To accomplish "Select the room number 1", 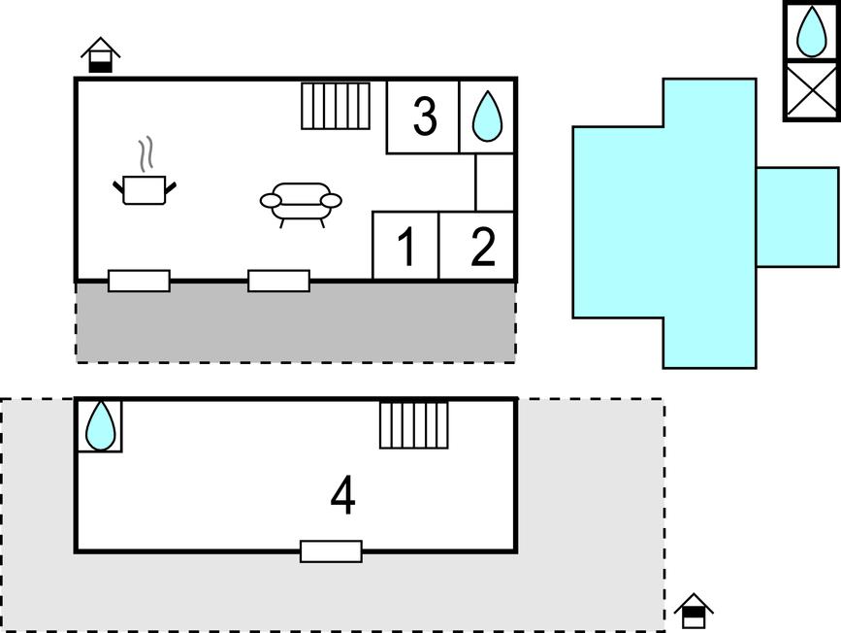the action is point(406,247).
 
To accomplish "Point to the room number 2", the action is point(483,247).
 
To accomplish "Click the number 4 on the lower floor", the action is point(342,494).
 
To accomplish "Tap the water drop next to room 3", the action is point(487,117).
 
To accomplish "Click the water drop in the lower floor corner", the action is point(100,426).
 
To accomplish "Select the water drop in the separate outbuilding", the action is point(812,31).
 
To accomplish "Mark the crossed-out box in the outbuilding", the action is point(812,90).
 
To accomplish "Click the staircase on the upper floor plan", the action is point(336,106).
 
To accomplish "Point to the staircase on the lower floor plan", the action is point(414,424).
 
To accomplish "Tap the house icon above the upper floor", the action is point(101,54).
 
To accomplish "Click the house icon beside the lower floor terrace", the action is point(694,611).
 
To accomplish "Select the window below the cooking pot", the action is point(139,281).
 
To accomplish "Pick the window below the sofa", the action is point(279,281).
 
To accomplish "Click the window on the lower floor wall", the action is point(331,551).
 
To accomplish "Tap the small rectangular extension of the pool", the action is point(797,217).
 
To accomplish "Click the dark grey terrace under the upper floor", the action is point(296,323).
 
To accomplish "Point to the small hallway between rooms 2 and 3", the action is point(495,182).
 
